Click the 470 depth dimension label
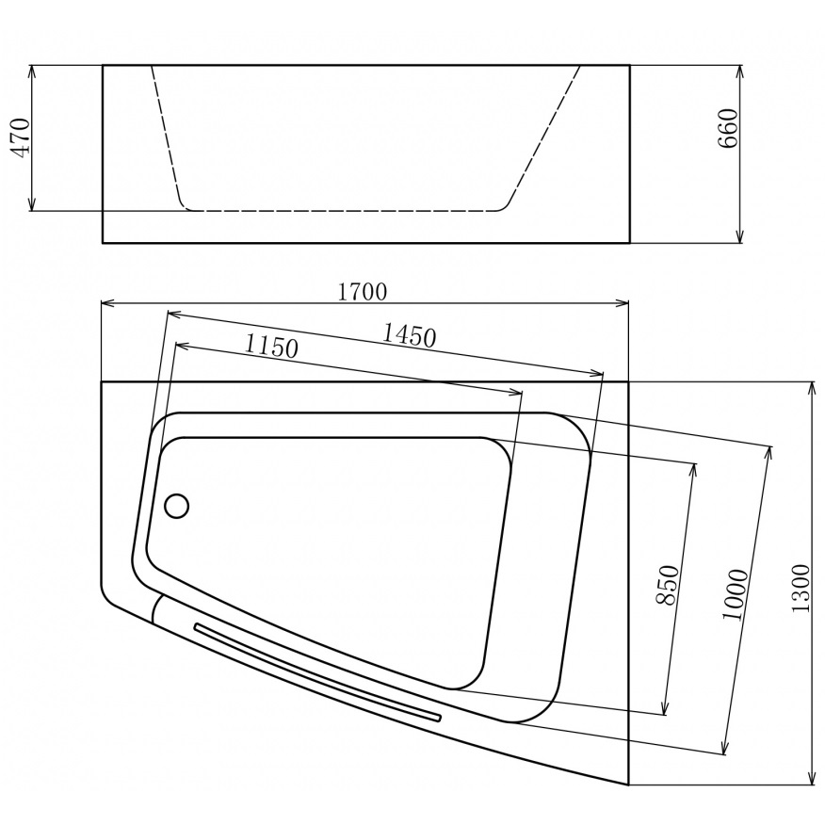[22, 137]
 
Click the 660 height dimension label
[727, 129]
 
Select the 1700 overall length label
[363, 292]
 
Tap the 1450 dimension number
[409, 333]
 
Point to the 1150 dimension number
[271, 346]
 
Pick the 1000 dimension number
[736, 594]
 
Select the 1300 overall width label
[801, 589]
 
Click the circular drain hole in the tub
[177, 506]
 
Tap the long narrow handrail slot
[316, 671]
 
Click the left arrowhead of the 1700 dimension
[106, 303]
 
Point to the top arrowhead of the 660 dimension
[741, 70]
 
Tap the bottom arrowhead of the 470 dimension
[33, 205]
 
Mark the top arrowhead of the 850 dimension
[695, 469]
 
